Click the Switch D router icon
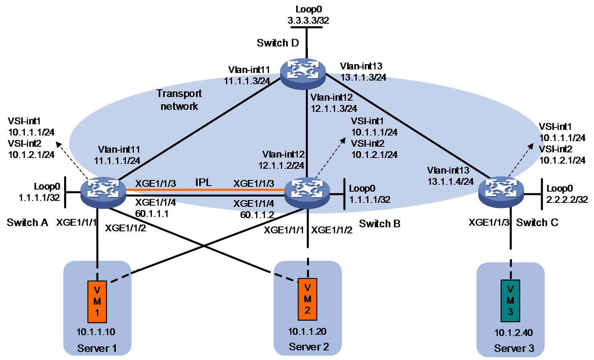pos(303,74)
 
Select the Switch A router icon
pos(103,192)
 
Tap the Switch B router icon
pos(307,193)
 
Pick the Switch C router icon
pos(501,192)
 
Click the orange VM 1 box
pos(97,301)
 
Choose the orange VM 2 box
pos(307,299)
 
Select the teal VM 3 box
pos(510,301)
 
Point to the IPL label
pos(203,182)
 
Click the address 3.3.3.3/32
pos(308,20)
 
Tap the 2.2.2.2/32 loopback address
pos(567,200)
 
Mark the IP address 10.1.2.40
pos(513,332)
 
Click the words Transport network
pos(179,100)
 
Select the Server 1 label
pos(97,348)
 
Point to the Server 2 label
pos(309,347)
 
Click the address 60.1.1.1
pos(152,214)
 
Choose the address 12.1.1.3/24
pos(333,109)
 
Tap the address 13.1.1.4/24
pos(450,182)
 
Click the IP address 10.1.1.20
pos(307,332)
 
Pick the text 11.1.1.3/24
pos(247,81)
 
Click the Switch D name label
pos(278,43)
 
